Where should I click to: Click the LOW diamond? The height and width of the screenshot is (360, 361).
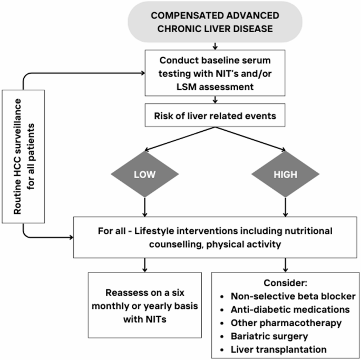[145, 174]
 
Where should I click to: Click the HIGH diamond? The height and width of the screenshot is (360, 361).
[286, 174]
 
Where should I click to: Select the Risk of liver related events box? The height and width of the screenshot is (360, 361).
[215, 115]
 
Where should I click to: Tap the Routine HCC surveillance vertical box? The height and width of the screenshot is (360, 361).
[23, 157]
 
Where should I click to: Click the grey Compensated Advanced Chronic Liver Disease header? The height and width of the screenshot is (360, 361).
[215, 22]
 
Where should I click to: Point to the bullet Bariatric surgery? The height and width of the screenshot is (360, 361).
[269, 336]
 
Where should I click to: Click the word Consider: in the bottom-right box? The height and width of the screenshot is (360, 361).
[286, 283]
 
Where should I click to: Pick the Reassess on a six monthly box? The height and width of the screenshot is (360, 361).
[145, 305]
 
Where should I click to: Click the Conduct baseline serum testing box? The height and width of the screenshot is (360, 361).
[215, 73]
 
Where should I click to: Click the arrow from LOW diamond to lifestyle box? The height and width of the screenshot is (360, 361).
[145, 207]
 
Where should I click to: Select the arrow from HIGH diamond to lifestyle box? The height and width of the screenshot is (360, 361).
[286, 207]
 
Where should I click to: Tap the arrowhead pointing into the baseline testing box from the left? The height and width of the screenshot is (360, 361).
[143, 73]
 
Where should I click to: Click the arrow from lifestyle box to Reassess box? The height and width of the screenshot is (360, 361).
[145, 265]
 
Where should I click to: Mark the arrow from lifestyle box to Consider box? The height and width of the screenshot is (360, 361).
[286, 265]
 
